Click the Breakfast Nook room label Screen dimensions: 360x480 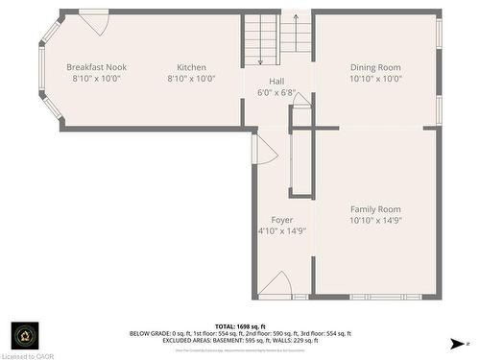96,67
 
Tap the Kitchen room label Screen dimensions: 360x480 191,67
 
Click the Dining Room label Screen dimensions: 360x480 375,67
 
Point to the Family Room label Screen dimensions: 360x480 375,209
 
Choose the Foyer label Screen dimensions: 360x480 282,220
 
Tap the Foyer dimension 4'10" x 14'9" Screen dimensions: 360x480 282,231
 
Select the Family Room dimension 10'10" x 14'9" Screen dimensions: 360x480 375,221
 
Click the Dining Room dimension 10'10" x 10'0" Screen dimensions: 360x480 375,79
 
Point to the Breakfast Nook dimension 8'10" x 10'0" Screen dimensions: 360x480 96,79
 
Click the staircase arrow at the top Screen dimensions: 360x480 296,17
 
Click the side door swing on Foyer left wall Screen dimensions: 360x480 264,148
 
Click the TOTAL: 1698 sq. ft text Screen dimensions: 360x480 240,326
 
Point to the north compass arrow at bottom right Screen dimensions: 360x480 456,343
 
